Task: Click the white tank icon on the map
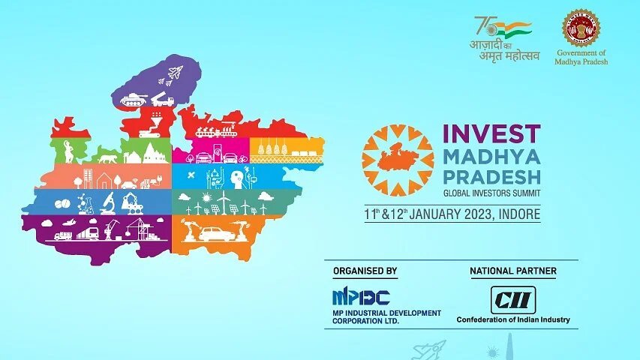pyautogui.click(x=134, y=100)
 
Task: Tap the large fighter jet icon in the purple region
pyautogui.click(x=176, y=73)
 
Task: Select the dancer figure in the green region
pyautogui.click(x=68, y=151)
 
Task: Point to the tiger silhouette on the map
pyautogui.click(x=107, y=158)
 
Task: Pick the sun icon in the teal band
pyautogui.click(x=207, y=197)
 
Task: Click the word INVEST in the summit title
pyautogui.click(x=491, y=133)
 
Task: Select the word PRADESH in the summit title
pyautogui.click(x=491, y=177)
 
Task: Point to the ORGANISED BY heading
pyautogui.click(x=365, y=271)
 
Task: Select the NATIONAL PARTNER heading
pyautogui.click(x=513, y=271)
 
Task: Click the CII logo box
pyautogui.click(x=513, y=300)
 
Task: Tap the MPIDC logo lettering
pyautogui.click(x=361, y=297)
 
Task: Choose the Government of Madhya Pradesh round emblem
pyautogui.click(x=581, y=28)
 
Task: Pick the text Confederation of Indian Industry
pyautogui.click(x=513, y=319)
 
